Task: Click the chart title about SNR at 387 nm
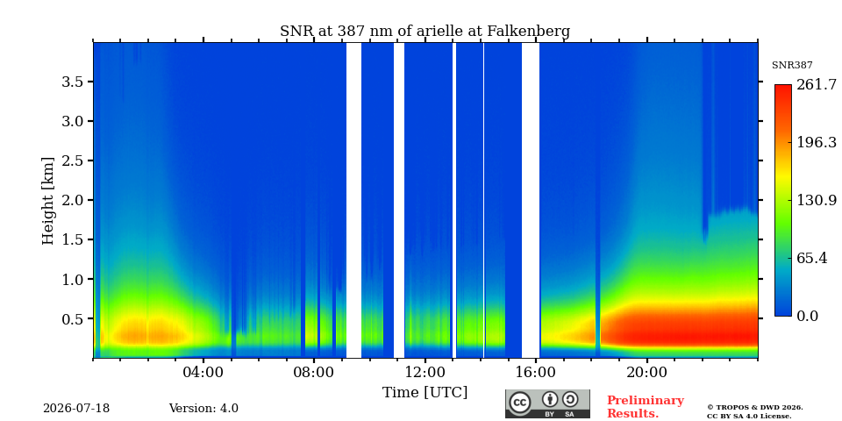(425, 32)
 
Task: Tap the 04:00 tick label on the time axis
(203, 373)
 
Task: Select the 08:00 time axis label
(314, 373)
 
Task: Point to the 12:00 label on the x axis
(425, 373)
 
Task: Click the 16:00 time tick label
(537, 373)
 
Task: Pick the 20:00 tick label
(647, 373)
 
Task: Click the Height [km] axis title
(48, 201)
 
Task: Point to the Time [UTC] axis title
(425, 393)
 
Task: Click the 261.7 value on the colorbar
(817, 85)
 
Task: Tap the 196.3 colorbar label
(817, 142)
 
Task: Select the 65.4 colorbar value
(811, 258)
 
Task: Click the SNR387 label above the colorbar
(792, 66)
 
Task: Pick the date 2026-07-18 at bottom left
(76, 409)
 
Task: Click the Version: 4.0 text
(203, 409)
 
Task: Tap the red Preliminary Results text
(646, 407)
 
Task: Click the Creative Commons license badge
(547, 403)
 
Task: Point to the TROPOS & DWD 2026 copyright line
(755, 408)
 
